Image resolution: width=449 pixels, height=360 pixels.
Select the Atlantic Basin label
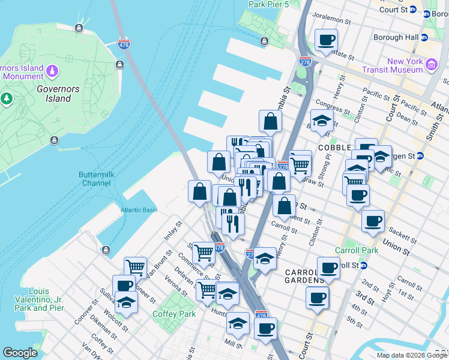[x=138, y=210]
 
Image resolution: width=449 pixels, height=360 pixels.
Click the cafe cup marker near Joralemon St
[x=326, y=41]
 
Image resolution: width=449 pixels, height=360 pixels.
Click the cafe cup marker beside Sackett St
[x=373, y=221]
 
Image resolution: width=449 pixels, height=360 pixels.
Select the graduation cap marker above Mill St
[x=238, y=323]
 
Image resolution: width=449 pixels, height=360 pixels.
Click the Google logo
[x=20, y=353]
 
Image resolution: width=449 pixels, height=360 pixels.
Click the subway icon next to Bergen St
[x=420, y=156]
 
